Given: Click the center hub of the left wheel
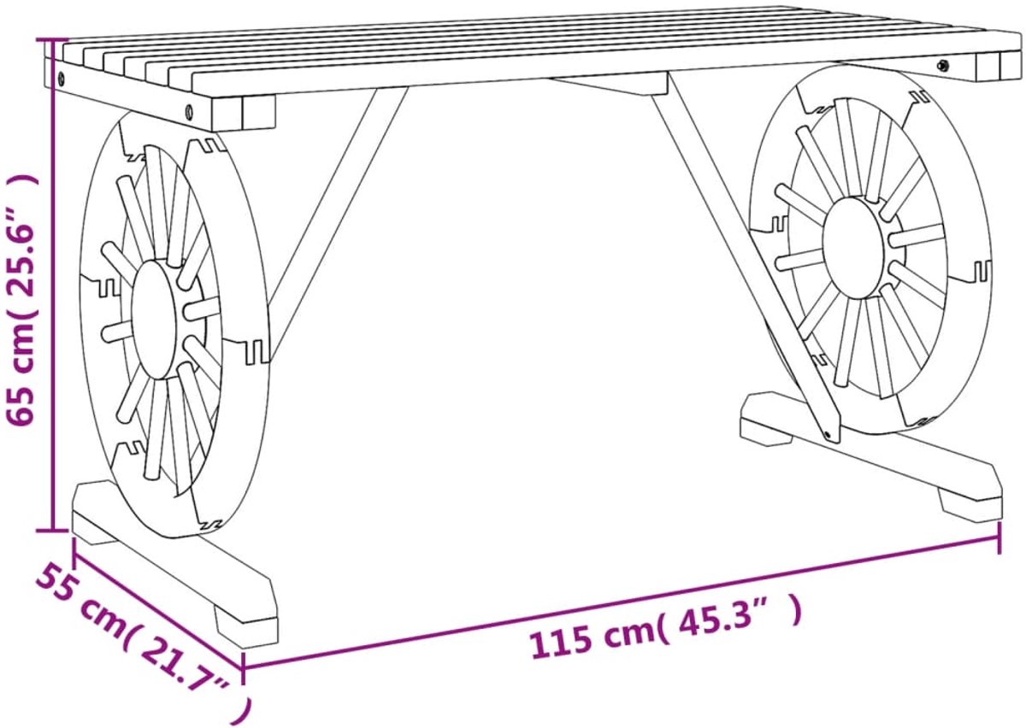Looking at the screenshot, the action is (x=154, y=320).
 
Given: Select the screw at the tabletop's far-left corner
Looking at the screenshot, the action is (x=62, y=78).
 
